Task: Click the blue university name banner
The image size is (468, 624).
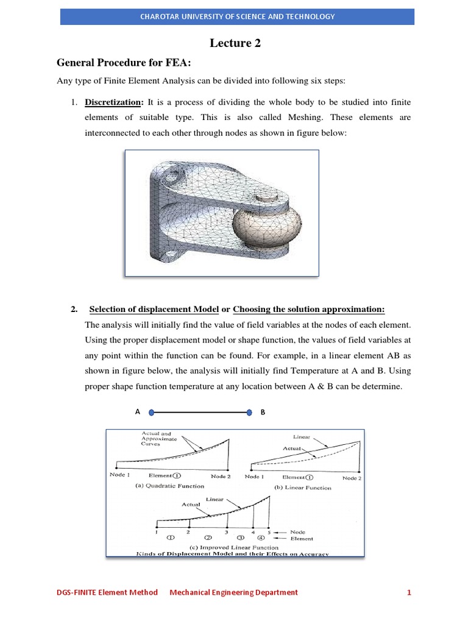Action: click(x=237, y=16)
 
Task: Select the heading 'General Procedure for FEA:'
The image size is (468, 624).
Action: click(x=114, y=62)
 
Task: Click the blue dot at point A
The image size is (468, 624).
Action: click(x=151, y=412)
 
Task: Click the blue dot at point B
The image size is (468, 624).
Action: click(x=249, y=412)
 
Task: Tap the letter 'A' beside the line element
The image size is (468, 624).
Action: click(x=138, y=412)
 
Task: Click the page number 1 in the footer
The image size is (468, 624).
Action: click(x=409, y=592)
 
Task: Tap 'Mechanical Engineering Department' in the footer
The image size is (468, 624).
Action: click(x=233, y=592)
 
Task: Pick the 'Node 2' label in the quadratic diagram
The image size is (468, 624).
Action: click(x=220, y=475)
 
